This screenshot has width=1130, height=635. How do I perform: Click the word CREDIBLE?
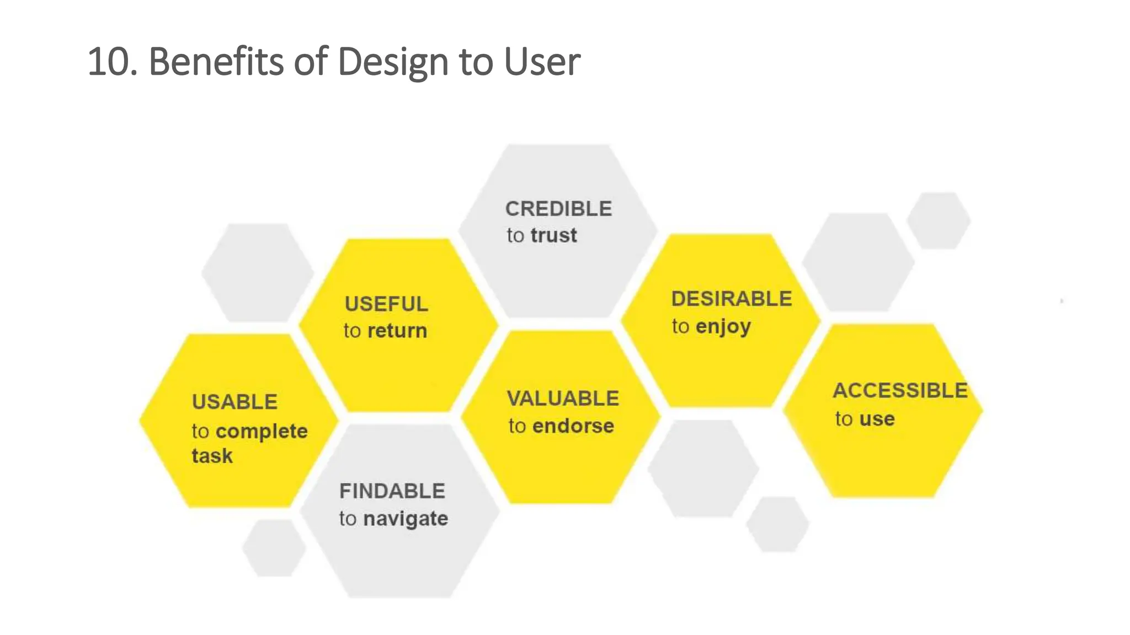[558, 209]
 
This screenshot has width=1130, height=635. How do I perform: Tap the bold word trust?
[553, 235]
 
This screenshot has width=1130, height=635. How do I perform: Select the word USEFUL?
[386, 304]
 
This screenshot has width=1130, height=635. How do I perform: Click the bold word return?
[397, 331]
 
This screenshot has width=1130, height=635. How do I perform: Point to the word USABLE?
[234, 402]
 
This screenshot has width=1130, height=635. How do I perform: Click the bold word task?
[212, 456]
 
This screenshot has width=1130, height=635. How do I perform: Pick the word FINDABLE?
[392, 491]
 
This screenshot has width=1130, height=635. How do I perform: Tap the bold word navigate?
[406, 519]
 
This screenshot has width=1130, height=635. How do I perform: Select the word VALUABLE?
[563, 399]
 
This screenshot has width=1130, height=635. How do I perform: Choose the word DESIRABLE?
[731, 299]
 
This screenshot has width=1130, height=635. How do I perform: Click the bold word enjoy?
[723, 327]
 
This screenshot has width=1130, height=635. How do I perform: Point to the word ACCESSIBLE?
[899, 390]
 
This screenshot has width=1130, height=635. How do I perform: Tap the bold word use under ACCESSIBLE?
[877, 419]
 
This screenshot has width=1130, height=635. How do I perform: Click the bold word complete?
[261, 431]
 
